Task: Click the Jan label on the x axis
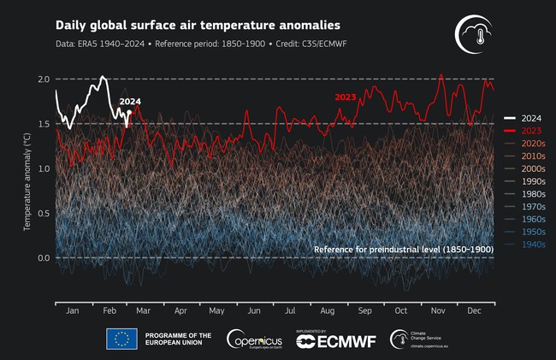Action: pos(72,311)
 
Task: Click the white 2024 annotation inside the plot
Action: pos(130,103)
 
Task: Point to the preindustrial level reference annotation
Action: pos(404,249)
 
